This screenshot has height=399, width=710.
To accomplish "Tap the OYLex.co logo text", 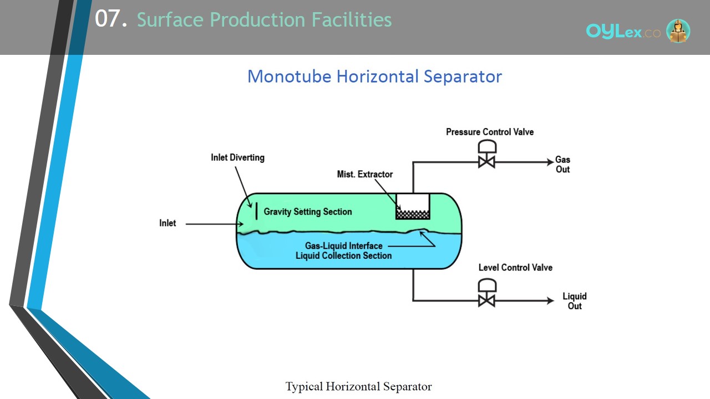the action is point(623,32).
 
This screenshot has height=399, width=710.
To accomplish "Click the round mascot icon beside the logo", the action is point(678,30).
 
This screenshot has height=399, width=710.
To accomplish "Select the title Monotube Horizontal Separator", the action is point(374,76).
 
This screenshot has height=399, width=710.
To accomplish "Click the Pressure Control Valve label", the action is point(490,132).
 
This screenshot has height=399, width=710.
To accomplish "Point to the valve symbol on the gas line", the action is point(487,154).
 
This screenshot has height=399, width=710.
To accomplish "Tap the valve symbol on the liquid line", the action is point(487,293).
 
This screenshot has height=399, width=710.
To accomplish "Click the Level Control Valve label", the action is point(515,268).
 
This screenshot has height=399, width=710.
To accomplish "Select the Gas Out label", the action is point(562,165).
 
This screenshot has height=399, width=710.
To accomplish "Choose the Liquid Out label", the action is point(575,301).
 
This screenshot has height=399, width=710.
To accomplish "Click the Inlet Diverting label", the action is point(238,157).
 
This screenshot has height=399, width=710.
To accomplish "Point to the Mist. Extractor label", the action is point(365,174).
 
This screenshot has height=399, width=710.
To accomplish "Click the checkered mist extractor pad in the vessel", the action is point(413,214).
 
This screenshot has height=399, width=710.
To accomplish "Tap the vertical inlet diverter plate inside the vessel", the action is point(256,211).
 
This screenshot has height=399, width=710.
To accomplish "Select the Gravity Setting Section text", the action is point(308,212).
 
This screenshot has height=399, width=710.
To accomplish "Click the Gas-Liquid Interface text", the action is point(343,245).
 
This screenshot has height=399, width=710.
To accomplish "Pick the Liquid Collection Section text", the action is point(343,255).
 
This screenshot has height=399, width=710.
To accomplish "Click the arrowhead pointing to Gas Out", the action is point(551,162).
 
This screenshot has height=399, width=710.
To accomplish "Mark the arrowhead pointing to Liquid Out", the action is point(551,300).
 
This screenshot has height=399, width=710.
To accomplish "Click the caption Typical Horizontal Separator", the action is point(358,387).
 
